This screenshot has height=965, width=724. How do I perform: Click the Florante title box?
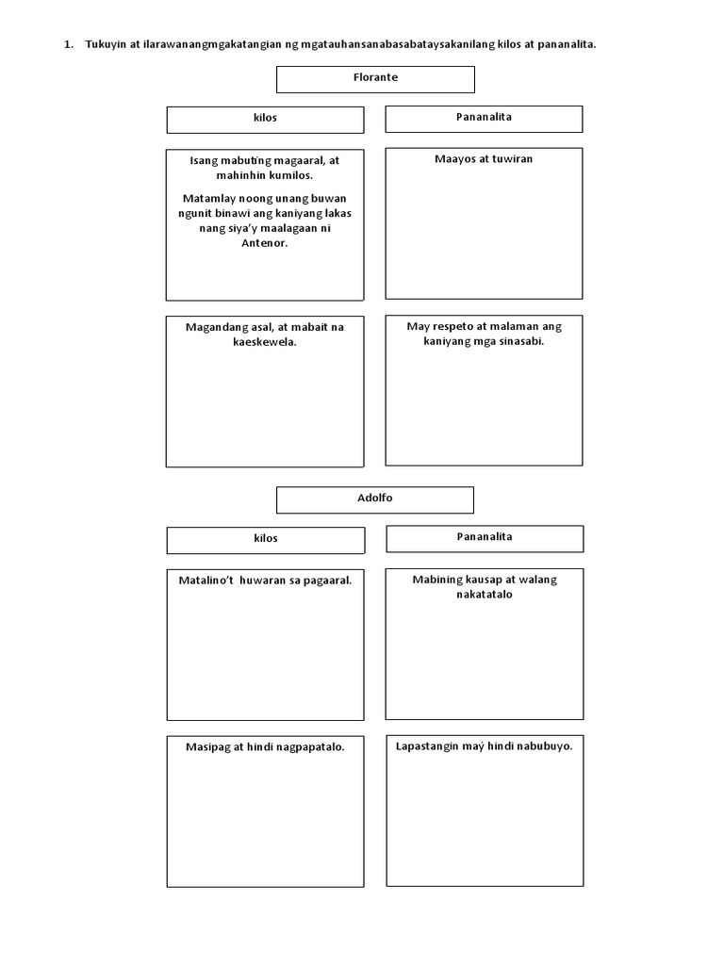[x=374, y=78]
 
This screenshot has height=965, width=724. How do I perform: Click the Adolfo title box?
[x=374, y=499]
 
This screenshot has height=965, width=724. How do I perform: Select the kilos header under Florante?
[x=265, y=119]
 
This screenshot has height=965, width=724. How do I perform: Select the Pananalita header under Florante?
[x=484, y=118]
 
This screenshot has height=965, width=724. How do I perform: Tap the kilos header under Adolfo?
[x=265, y=539]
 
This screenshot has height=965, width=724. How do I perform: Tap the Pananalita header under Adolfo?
[x=485, y=537]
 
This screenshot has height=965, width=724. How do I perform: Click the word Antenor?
[x=265, y=243]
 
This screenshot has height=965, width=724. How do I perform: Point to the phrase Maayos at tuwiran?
[x=484, y=159]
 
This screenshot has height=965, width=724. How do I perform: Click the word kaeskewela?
[x=265, y=342]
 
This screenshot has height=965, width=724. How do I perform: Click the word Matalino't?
[x=206, y=581]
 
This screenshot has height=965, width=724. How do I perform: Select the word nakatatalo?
[x=484, y=595]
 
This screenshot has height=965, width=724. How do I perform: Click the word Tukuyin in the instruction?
[x=105, y=44]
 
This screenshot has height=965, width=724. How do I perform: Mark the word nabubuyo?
[x=543, y=746]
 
